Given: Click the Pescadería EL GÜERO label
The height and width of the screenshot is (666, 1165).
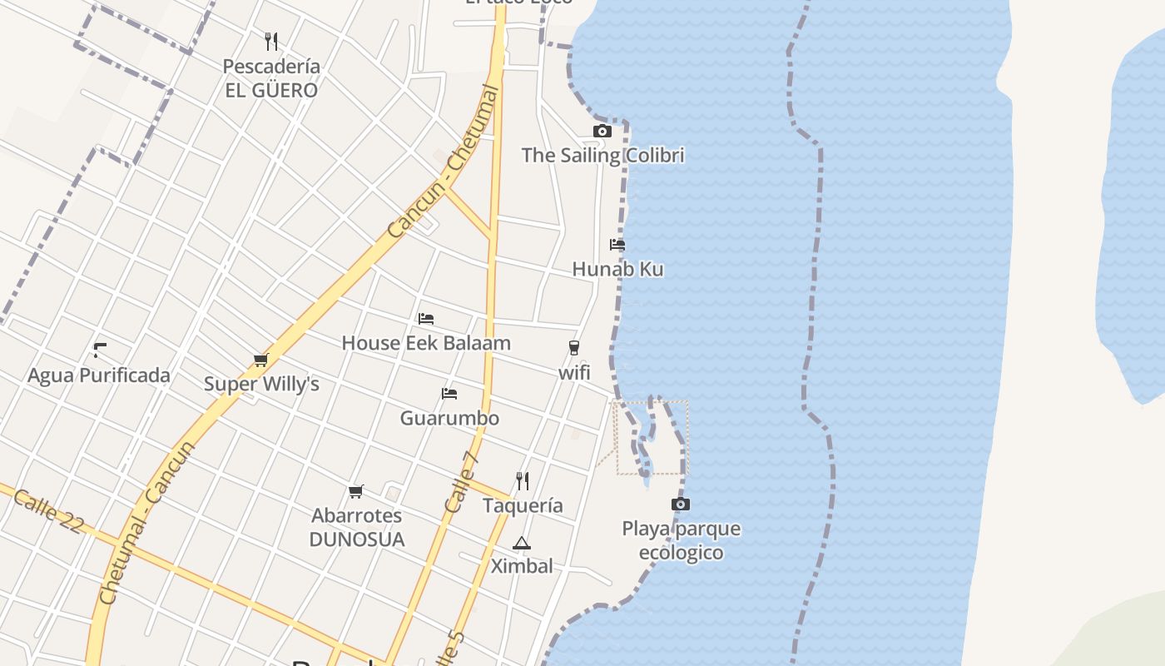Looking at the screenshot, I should [x=271, y=78].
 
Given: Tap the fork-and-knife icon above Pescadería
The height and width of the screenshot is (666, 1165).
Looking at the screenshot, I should [x=270, y=41].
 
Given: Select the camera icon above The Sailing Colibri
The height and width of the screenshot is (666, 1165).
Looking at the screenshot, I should [x=602, y=131].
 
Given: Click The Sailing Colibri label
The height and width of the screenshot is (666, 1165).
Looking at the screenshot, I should [x=602, y=156].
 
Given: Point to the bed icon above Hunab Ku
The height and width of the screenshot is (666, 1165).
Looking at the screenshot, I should [x=617, y=245].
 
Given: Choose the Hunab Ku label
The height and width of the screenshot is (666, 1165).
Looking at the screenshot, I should [x=617, y=270].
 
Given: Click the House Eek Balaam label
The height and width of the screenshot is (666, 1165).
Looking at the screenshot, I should [x=426, y=343].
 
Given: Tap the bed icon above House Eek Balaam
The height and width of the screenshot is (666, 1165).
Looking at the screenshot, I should [x=426, y=318].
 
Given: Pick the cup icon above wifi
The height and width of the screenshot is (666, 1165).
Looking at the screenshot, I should [x=573, y=348].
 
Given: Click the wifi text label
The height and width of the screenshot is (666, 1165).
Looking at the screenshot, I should [x=574, y=373].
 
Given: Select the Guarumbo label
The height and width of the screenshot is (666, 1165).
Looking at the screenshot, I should [x=449, y=418].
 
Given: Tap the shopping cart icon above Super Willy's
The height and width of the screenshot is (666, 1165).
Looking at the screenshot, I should [x=260, y=360].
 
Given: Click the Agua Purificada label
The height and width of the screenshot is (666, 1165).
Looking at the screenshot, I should [x=99, y=375].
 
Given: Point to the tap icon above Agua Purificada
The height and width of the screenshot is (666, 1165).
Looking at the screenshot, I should [x=100, y=350].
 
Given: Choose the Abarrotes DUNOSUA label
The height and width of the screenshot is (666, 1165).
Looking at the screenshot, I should [x=357, y=528].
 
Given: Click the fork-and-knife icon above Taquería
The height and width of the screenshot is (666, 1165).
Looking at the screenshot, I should [x=522, y=481].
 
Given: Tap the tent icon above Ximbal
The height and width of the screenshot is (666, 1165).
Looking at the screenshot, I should [x=521, y=544].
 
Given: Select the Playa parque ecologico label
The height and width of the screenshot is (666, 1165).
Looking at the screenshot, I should [x=681, y=541].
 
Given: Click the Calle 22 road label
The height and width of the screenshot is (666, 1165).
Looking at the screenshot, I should [x=49, y=510].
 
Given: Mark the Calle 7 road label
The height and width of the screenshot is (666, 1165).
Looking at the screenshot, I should [x=462, y=482].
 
